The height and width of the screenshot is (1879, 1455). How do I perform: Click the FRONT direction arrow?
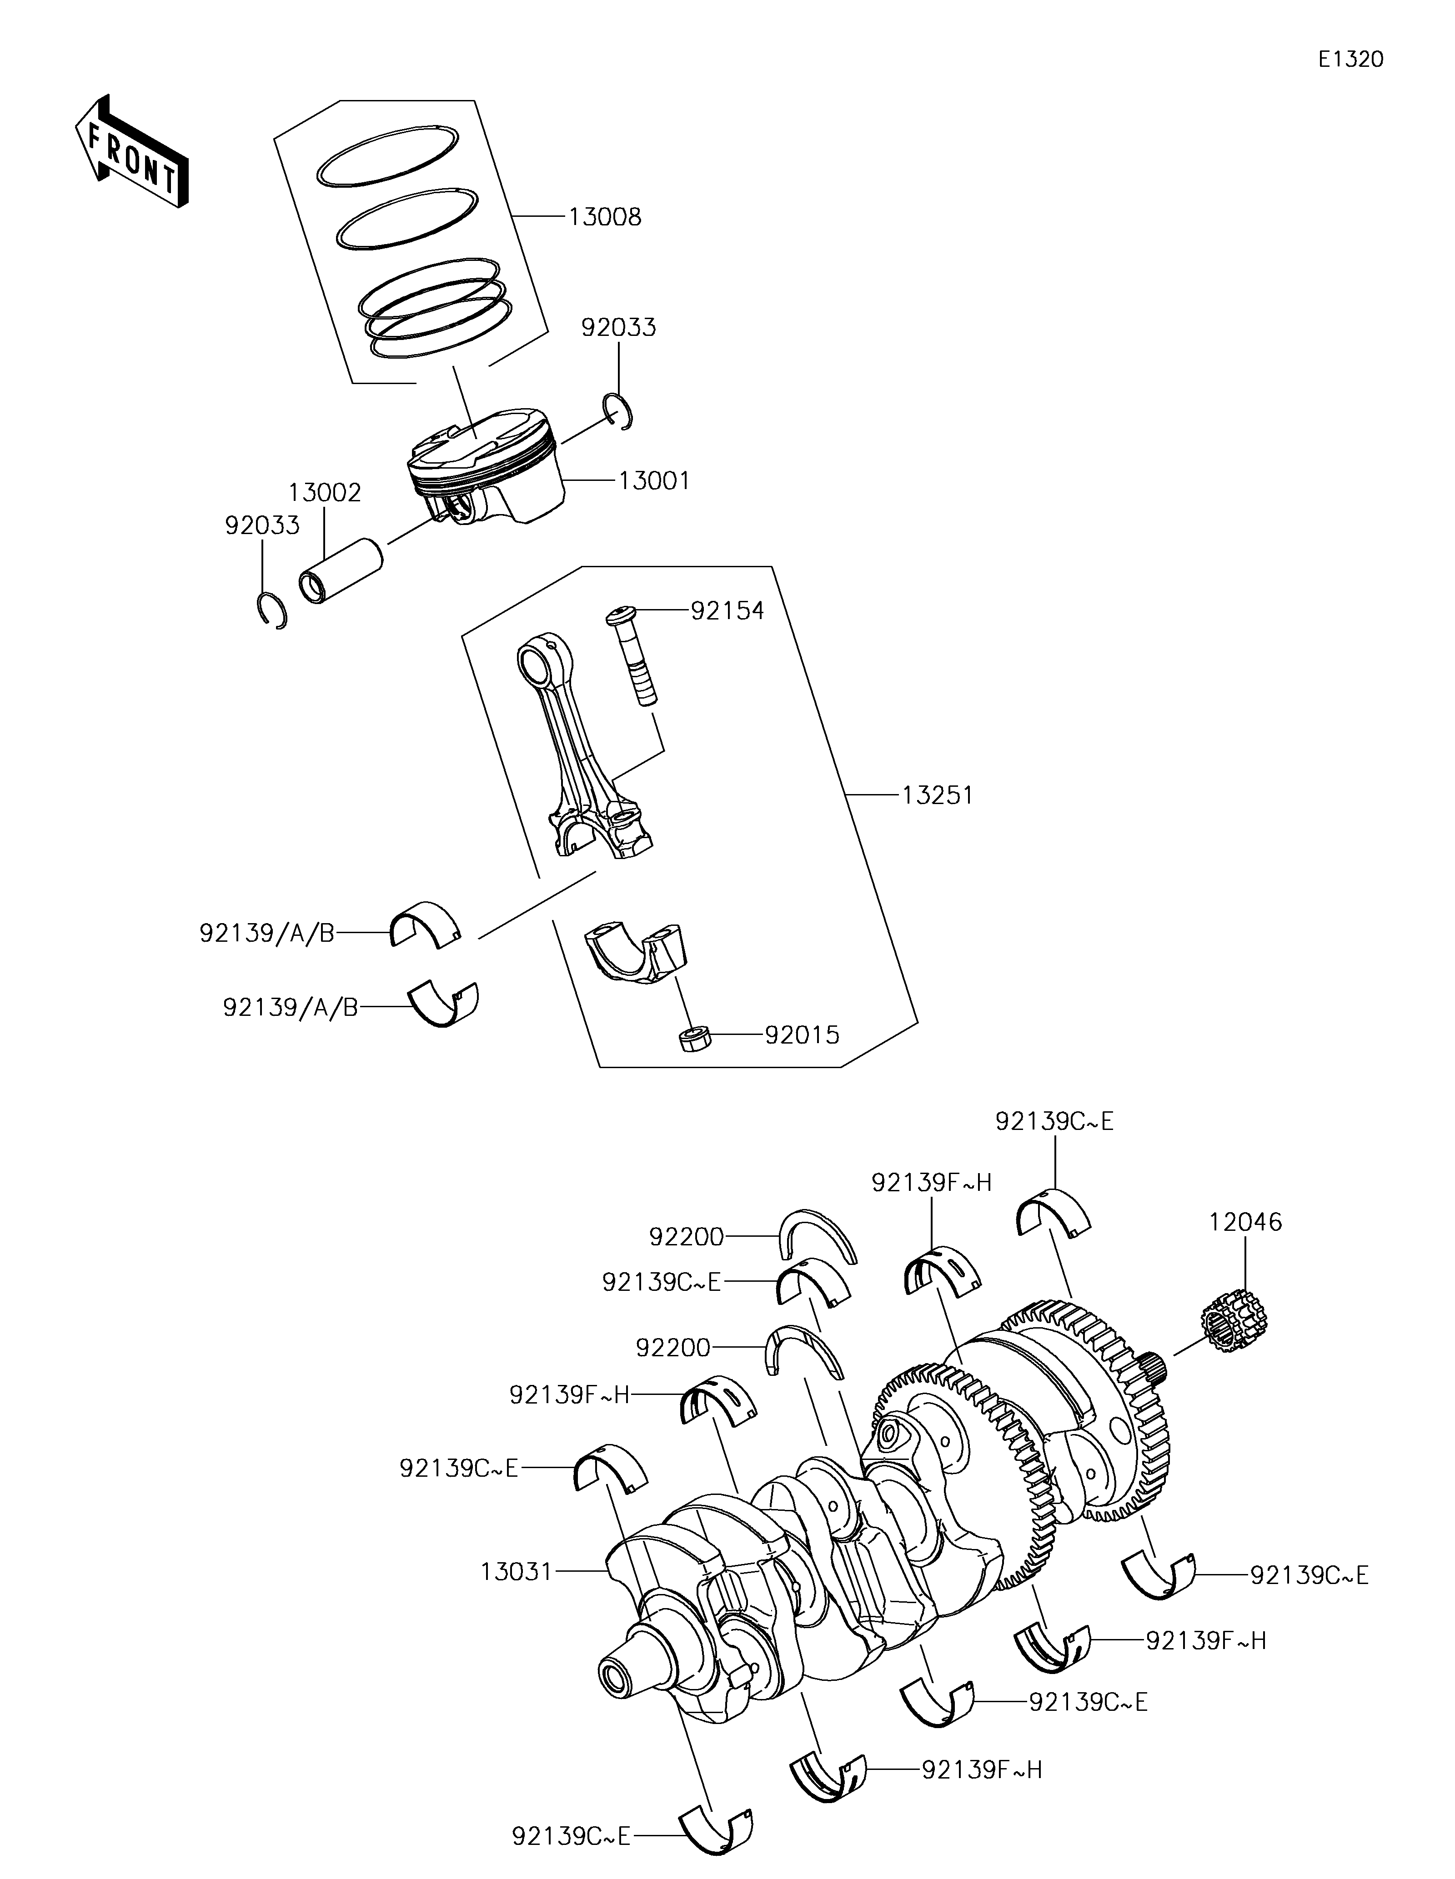tap(131, 152)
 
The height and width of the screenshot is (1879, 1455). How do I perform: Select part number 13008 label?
tap(605, 217)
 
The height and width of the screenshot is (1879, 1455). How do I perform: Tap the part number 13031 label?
tap(516, 1572)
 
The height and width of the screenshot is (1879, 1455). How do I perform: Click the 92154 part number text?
tap(727, 611)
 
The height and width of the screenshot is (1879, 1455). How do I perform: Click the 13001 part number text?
tap(654, 481)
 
